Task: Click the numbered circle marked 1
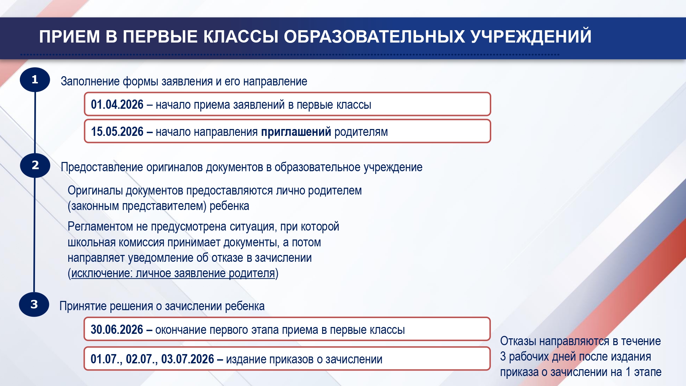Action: pyautogui.click(x=35, y=80)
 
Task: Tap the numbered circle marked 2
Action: pyautogui.click(x=35, y=165)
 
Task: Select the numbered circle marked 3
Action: pyautogui.click(x=34, y=304)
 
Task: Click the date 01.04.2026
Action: pyautogui.click(x=117, y=104)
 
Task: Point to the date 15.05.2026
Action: pyautogui.click(x=117, y=131)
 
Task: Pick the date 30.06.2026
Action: pyautogui.click(x=117, y=329)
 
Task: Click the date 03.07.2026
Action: pyautogui.click(x=188, y=359)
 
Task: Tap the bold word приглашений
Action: pyautogui.click(x=296, y=132)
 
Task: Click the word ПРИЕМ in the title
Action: pyautogui.click(x=69, y=36)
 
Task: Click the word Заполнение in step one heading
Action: pyautogui.click(x=90, y=82)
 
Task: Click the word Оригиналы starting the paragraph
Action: pyautogui.click(x=95, y=191)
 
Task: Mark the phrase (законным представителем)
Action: pyautogui.click(x=137, y=206)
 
